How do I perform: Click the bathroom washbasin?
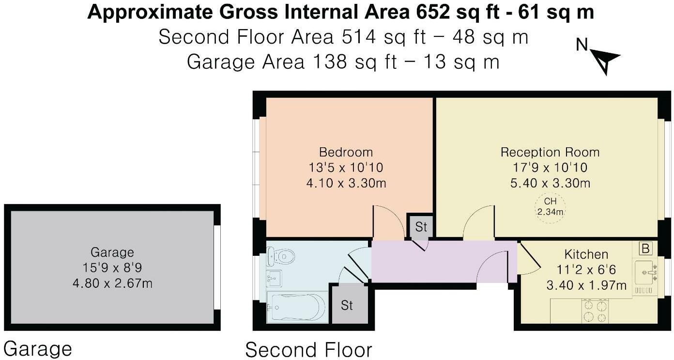click(x=274, y=278)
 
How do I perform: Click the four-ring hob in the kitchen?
click(x=595, y=311)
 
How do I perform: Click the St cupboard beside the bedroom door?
click(x=421, y=226)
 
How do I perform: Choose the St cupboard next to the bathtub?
click(x=347, y=305)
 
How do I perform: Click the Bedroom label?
click(x=346, y=152)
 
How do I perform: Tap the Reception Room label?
click(x=550, y=152)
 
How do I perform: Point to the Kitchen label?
click(x=586, y=254)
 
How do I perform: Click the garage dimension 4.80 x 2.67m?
click(x=112, y=283)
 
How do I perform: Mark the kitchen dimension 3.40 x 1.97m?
click(x=586, y=285)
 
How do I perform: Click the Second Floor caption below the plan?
click(x=308, y=349)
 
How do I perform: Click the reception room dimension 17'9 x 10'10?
click(x=550, y=168)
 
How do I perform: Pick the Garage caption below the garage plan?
click(x=38, y=349)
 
